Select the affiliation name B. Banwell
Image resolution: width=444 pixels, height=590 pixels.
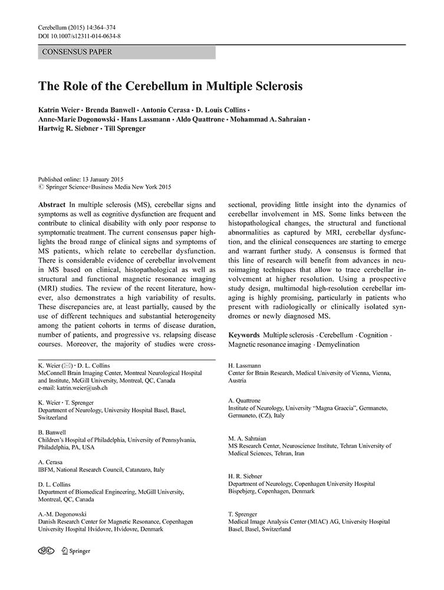coord(52,432)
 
